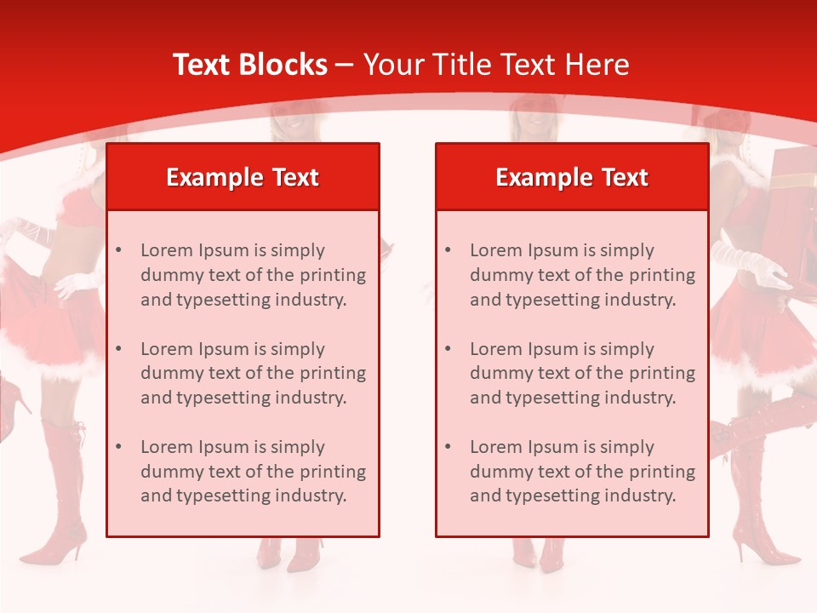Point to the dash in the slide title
[x=345, y=66]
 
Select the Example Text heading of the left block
[x=243, y=177]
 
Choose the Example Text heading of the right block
[x=572, y=177]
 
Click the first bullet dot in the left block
[x=119, y=250]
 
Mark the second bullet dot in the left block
[x=119, y=349]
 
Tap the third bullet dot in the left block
[x=119, y=447]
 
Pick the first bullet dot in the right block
[x=448, y=250]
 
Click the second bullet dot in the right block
[x=448, y=349]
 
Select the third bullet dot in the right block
[x=448, y=447]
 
